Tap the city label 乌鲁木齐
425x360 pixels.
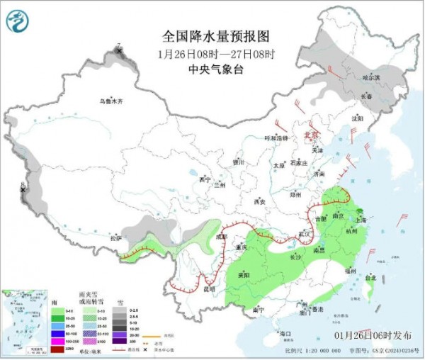(110, 102)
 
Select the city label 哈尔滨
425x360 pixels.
(371, 77)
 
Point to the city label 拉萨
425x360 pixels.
(115, 238)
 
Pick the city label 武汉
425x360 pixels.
(305, 233)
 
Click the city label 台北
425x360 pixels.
(370, 279)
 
